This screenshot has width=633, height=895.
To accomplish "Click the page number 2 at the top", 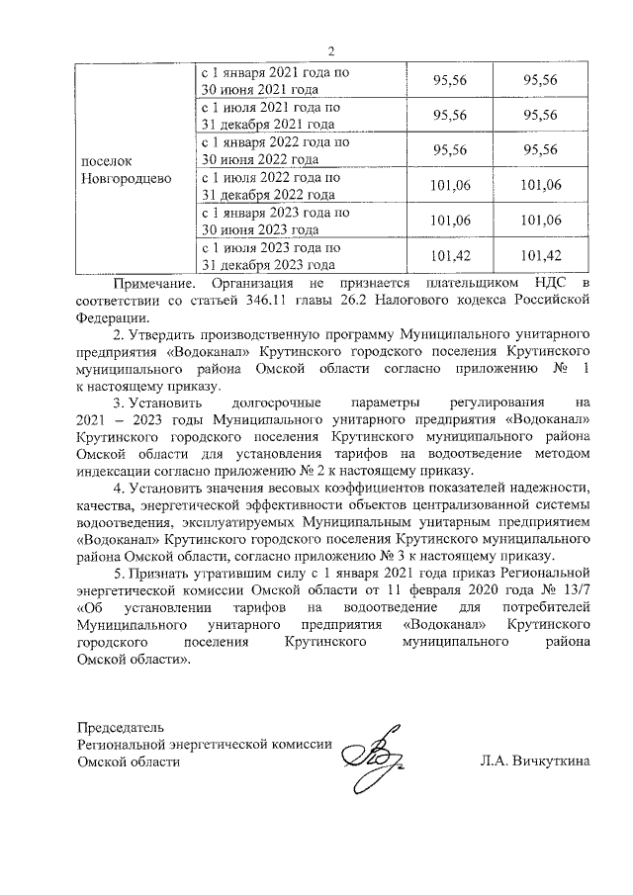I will (x=331, y=51).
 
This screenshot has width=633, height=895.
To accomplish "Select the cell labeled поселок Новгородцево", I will (x=125, y=169).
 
